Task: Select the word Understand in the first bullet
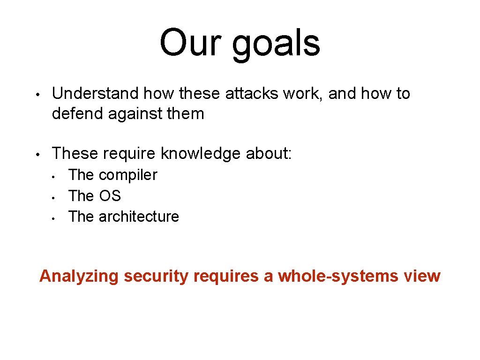point(96,94)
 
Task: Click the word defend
point(78,114)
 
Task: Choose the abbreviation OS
point(110,196)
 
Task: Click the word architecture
point(139,217)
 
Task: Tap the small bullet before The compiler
point(54,176)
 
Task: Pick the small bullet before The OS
point(54,197)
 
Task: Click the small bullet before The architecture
point(54,217)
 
